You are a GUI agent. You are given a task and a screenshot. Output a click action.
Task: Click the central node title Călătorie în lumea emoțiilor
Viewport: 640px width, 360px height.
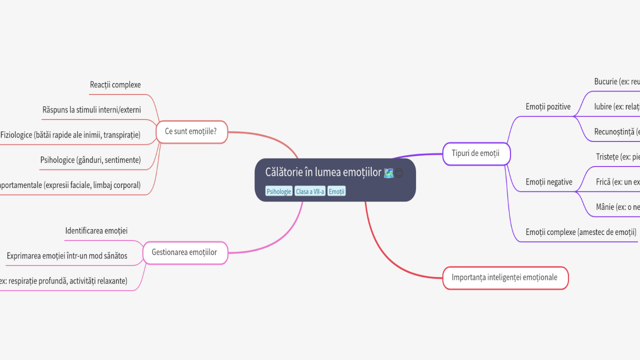[323, 172]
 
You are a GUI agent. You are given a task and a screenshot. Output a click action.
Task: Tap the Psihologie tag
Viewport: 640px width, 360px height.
[278, 191]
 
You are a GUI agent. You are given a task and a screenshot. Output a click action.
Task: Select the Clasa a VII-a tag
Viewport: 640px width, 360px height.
[310, 191]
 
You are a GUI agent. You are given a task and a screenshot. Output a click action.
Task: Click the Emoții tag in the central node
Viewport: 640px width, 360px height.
[336, 191]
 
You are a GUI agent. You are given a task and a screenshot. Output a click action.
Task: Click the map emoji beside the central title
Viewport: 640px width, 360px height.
[388, 173]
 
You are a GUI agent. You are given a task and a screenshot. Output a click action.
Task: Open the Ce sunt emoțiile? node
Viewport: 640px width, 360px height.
[191, 132]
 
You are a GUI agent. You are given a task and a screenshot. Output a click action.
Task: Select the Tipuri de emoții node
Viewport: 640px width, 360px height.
[475, 153]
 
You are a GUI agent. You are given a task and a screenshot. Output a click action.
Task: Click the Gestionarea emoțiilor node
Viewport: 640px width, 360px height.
[184, 252]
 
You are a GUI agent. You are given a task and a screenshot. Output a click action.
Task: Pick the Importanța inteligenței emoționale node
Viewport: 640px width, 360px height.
[504, 277]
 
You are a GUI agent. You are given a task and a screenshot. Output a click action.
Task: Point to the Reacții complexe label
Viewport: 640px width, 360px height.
[115, 85]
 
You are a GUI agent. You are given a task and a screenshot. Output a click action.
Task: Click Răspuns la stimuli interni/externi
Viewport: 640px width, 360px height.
[91, 110]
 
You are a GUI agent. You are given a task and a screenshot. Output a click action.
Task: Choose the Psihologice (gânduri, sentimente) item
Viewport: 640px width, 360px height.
[90, 160]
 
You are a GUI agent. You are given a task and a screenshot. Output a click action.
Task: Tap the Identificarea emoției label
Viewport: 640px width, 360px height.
[96, 231]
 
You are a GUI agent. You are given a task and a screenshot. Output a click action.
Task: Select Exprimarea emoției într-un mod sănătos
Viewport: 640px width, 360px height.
[67, 256]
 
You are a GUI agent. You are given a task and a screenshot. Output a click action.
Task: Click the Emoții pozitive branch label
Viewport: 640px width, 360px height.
[548, 106]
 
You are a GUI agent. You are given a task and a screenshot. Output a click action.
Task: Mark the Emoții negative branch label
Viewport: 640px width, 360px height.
[549, 182]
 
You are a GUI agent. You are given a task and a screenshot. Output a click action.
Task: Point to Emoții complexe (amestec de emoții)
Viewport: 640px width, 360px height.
[581, 232]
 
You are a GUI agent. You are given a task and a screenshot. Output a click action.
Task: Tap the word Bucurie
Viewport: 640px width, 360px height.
[605, 81]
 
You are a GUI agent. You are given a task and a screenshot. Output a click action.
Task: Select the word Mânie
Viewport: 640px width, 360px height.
[605, 207]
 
